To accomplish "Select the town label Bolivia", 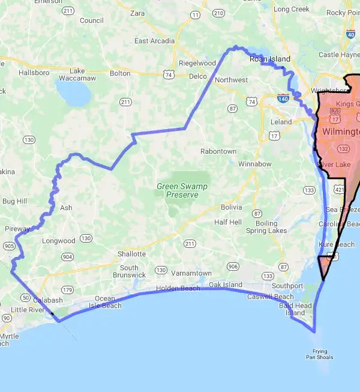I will [231, 207].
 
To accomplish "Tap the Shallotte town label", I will [131, 253].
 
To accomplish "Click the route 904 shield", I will [67, 256].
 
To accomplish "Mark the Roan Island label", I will [270, 59].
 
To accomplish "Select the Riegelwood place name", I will [197, 63].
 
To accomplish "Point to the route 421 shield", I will [338, 190].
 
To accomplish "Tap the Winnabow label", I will [255, 163].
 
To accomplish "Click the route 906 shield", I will [233, 266].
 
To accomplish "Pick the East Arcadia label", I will [155, 41].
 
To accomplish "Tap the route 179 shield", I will [67, 290].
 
